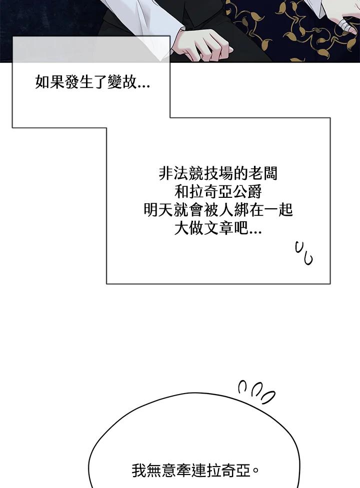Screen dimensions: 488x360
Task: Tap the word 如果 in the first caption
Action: (50, 82)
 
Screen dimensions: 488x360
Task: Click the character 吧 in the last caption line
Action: (240, 229)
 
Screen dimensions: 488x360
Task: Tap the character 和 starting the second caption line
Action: (181, 192)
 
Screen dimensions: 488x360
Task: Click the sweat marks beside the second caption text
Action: (303, 253)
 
